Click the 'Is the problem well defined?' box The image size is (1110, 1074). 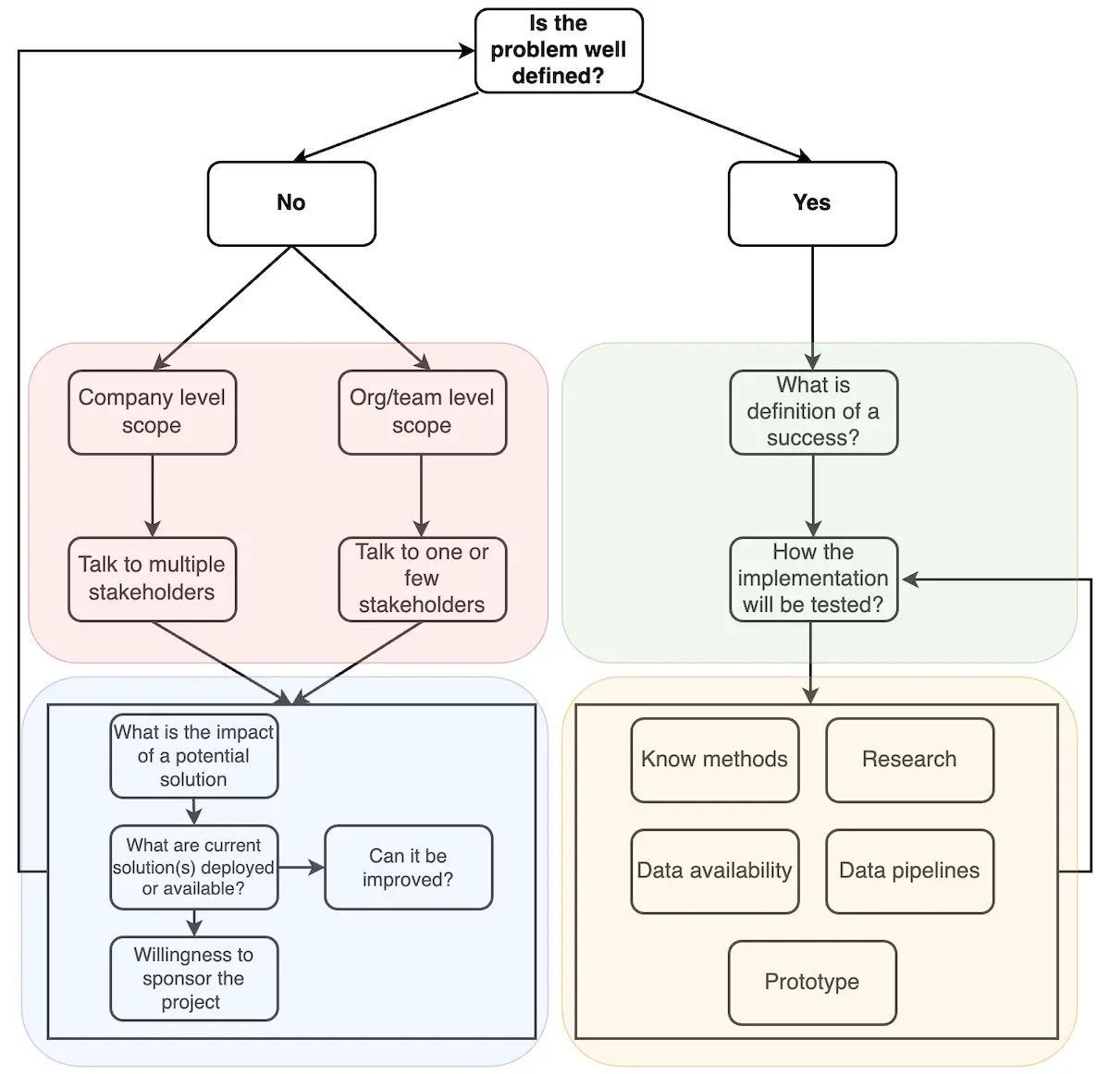click(558, 51)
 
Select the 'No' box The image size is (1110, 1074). click(291, 203)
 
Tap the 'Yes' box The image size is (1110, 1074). click(812, 203)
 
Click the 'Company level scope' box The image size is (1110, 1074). click(152, 412)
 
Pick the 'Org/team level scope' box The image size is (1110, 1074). click(422, 412)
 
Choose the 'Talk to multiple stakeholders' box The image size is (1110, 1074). click(152, 579)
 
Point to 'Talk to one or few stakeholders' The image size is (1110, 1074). click(422, 579)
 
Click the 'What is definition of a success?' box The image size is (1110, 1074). click(813, 412)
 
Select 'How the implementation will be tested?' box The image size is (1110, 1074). click(813, 579)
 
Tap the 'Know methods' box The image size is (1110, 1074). click(714, 760)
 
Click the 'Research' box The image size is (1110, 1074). click(909, 760)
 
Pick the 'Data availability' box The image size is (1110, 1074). click(714, 871)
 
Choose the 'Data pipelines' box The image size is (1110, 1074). click(909, 871)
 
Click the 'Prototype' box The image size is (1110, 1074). click(812, 982)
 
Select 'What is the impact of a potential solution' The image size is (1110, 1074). click(193, 756)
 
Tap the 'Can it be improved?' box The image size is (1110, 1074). click(408, 867)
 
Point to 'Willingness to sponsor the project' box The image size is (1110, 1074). click(193, 979)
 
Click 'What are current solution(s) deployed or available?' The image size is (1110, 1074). click(193, 867)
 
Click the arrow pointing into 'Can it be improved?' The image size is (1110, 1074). click(302, 867)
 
